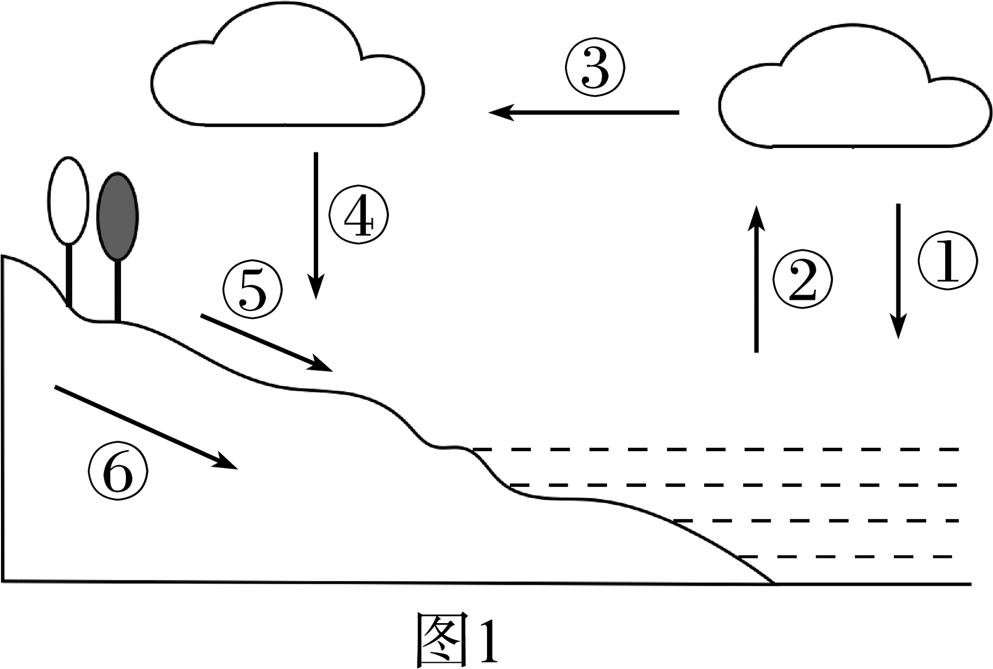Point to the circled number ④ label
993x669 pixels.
[359, 215]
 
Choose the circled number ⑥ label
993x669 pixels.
[118, 472]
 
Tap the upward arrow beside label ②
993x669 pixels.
[756, 279]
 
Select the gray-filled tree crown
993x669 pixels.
[118, 216]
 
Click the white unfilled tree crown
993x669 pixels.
[69, 201]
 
